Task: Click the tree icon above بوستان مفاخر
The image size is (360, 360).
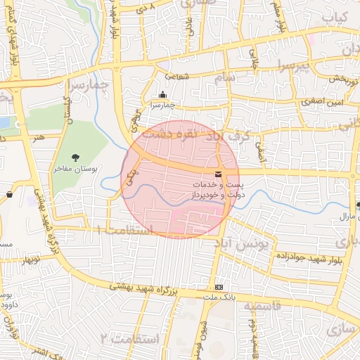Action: pyautogui.click(x=75, y=157)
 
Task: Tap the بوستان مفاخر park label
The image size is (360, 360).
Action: pyautogui.click(x=79, y=169)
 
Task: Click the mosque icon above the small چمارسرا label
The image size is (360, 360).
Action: pyautogui.click(x=163, y=95)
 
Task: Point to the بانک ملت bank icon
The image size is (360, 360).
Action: pyautogui.click(x=219, y=288)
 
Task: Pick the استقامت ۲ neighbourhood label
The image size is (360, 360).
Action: pyautogui.click(x=130, y=339)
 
